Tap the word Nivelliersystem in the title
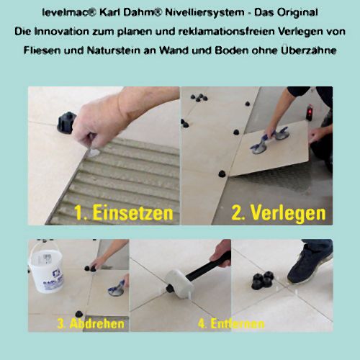coord(204,12)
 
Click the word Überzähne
coord(309,50)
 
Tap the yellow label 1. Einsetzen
coord(124,213)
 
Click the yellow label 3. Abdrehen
coord(91,323)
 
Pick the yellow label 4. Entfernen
coord(231,324)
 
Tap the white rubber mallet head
coord(179,284)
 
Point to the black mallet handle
coord(209,265)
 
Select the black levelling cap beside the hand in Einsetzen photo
coord(66,122)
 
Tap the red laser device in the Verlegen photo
coord(310,113)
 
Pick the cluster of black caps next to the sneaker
coord(263,280)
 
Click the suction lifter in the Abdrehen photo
coord(117,289)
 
